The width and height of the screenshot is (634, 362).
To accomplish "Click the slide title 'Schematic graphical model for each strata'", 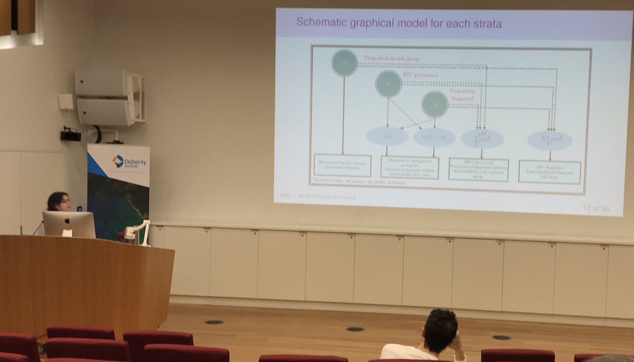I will [x=399, y=23].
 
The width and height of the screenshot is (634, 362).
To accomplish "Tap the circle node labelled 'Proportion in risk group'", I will [x=344, y=63].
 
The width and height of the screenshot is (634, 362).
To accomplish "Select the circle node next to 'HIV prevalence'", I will [x=388, y=84].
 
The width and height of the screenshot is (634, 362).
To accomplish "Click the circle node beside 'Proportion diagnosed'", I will [x=435, y=104].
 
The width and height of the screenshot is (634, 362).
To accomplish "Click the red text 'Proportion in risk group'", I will [x=392, y=59].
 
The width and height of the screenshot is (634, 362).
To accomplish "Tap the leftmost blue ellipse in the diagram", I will [x=387, y=136].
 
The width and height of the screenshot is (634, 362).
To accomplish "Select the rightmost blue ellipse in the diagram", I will [x=549, y=140].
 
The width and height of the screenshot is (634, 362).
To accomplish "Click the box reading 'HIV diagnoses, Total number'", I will [x=549, y=172].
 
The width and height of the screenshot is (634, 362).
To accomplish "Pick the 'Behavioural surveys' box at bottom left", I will [x=342, y=165].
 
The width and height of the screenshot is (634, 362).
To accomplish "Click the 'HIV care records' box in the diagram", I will [x=479, y=169].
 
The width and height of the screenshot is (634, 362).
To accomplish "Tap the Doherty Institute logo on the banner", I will [x=118, y=160].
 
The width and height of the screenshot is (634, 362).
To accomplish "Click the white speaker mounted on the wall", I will [x=108, y=97].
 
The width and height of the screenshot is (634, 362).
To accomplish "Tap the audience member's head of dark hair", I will [x=440, y=329].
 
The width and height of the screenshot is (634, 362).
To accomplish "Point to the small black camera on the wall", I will [x=70, y=135].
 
